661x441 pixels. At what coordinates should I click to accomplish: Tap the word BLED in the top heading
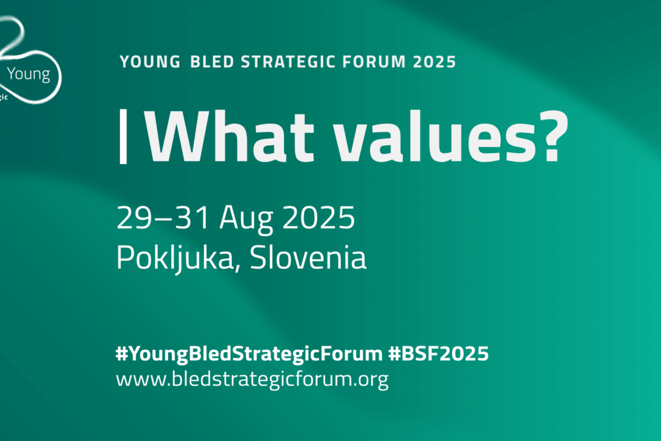coord(212,62)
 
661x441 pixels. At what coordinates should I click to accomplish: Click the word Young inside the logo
coord(28,75)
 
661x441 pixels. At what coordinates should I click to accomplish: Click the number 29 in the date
coord(132,218)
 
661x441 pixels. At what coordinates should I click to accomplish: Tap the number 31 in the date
coord(185,218)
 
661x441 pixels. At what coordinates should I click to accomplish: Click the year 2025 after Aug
coord(319,218)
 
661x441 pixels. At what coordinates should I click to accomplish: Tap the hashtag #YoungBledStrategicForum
coord(248,354)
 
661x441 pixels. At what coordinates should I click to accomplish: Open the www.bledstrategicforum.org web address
coord(252,380)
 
